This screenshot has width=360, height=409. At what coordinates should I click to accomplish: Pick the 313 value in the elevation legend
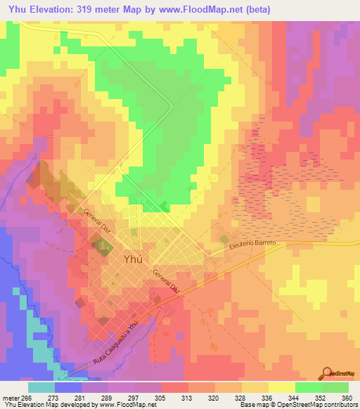pos(188,398)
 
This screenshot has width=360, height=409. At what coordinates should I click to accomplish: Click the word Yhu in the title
pos(15,9)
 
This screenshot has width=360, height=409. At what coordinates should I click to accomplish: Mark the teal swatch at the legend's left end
pos(41,387)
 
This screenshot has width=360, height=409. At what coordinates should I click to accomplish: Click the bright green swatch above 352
pos(308,387)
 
